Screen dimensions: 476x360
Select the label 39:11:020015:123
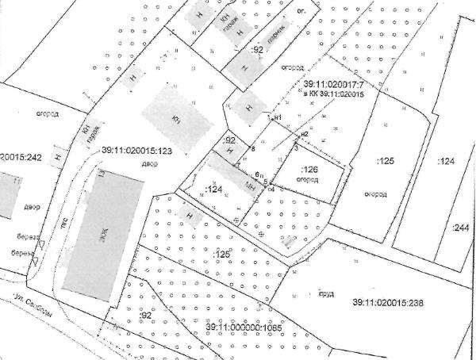[x=137, y=150]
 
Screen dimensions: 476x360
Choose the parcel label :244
[x=459, y=228]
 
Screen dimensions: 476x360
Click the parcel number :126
[x=310, y=170]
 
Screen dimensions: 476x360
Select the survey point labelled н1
[x=278, y=118]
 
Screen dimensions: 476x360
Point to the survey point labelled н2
[x=303, y=134]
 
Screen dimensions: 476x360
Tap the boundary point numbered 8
[x=253, y=148]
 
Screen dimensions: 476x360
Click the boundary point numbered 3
[x=296, y=147]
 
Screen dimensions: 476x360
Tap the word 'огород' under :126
[x=308, y=180]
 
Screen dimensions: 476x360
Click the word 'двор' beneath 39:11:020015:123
[x=151, y=164]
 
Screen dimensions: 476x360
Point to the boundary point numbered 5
[x=264, y=182]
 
